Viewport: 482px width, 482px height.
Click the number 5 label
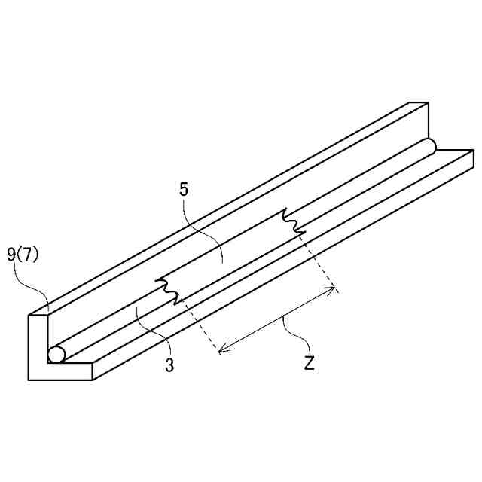[x=185, y=189]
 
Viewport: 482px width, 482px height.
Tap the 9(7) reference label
[x=23, y=255]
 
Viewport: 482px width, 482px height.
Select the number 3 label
[x=170, y=367]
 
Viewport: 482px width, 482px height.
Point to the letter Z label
[x=310, y=363]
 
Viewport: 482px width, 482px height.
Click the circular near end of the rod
[x=56, y=354]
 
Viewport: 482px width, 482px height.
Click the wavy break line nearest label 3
[x=169, y=291]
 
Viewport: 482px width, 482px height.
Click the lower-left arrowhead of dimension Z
[x=220, y=350]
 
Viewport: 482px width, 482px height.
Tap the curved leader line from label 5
[x=203, y=226]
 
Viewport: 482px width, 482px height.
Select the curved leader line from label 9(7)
[x=38, y=286]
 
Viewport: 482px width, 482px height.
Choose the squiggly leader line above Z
[x=294, y=335]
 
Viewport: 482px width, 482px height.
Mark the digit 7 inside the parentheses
[x=27, y=255]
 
